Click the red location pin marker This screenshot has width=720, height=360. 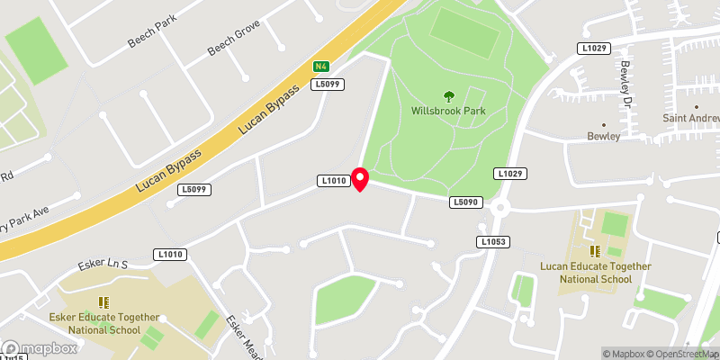point(360,179)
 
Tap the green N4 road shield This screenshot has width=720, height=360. point(320,67)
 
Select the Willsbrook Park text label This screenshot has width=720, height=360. point(447,112)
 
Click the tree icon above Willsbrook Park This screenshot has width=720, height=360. point(447,96)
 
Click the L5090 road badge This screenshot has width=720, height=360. point(463,203)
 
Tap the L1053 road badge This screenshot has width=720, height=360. point(492,242)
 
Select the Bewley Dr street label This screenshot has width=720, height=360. point(625,82)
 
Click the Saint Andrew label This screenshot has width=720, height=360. point(691,118)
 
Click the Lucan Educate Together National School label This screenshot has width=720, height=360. point(595,272)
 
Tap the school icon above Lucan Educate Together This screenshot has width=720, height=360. point(594,250)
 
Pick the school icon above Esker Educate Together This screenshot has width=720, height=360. point(104,302)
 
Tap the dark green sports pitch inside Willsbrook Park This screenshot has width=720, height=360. point(464,34)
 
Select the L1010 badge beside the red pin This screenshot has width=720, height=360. point(333,182)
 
